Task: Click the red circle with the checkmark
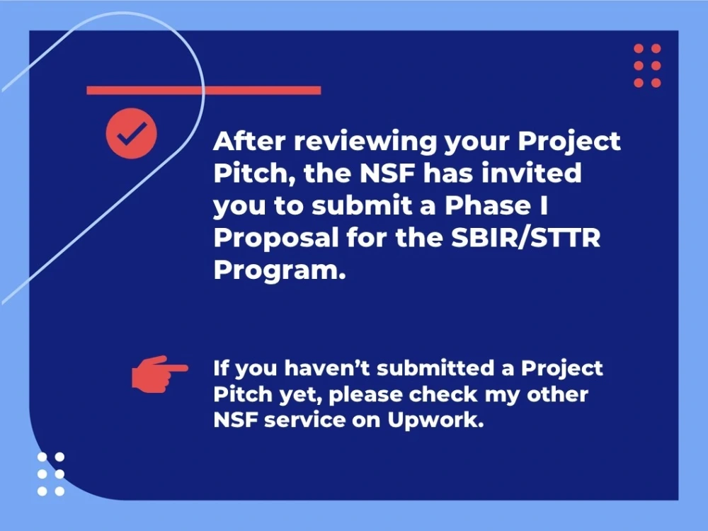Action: (x=131, y=132)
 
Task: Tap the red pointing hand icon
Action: (x=159, y=373)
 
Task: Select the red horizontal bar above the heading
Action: (x=203, y=90)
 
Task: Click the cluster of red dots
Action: (x=647, y=66)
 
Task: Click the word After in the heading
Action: (x=250, y=141)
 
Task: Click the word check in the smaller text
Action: (x=447, y=394)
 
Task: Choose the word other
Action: (x=559, y=394)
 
